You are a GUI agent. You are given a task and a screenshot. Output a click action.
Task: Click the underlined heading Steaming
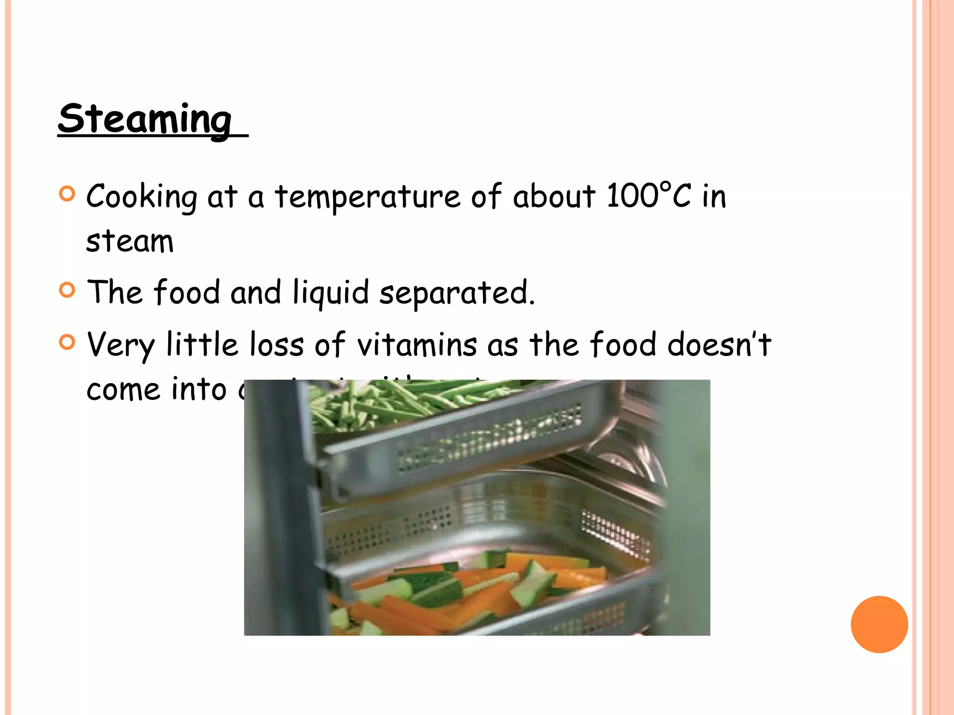click(x=145, y=119)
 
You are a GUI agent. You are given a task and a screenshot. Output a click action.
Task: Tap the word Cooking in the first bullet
click(x=142, y=197)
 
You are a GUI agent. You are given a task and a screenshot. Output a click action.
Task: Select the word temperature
click(x=368, y=197)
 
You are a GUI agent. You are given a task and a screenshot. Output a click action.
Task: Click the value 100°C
click(x=649, y=196)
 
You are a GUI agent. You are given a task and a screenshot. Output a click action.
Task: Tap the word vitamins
click(x=417, y=345)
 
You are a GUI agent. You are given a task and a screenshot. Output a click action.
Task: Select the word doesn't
click(x=719, y=345)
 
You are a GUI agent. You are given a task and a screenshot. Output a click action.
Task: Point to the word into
click(x=199, y=389)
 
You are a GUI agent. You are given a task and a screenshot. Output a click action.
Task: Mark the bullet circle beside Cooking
click(x=68, y=194)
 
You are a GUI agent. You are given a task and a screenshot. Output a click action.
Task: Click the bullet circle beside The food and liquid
click(x=68, y=290)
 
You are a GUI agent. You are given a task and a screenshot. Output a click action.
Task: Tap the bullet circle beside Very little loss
click(x=68, y=342)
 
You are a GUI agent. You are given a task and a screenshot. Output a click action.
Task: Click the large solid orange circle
click(x=879, y=624)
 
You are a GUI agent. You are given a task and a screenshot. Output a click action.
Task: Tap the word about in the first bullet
click(x=554, y=196)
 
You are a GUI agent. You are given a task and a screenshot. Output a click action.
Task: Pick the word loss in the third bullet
click(x=277, y=345)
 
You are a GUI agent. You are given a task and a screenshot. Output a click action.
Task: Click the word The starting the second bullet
click(x=115, y=292)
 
